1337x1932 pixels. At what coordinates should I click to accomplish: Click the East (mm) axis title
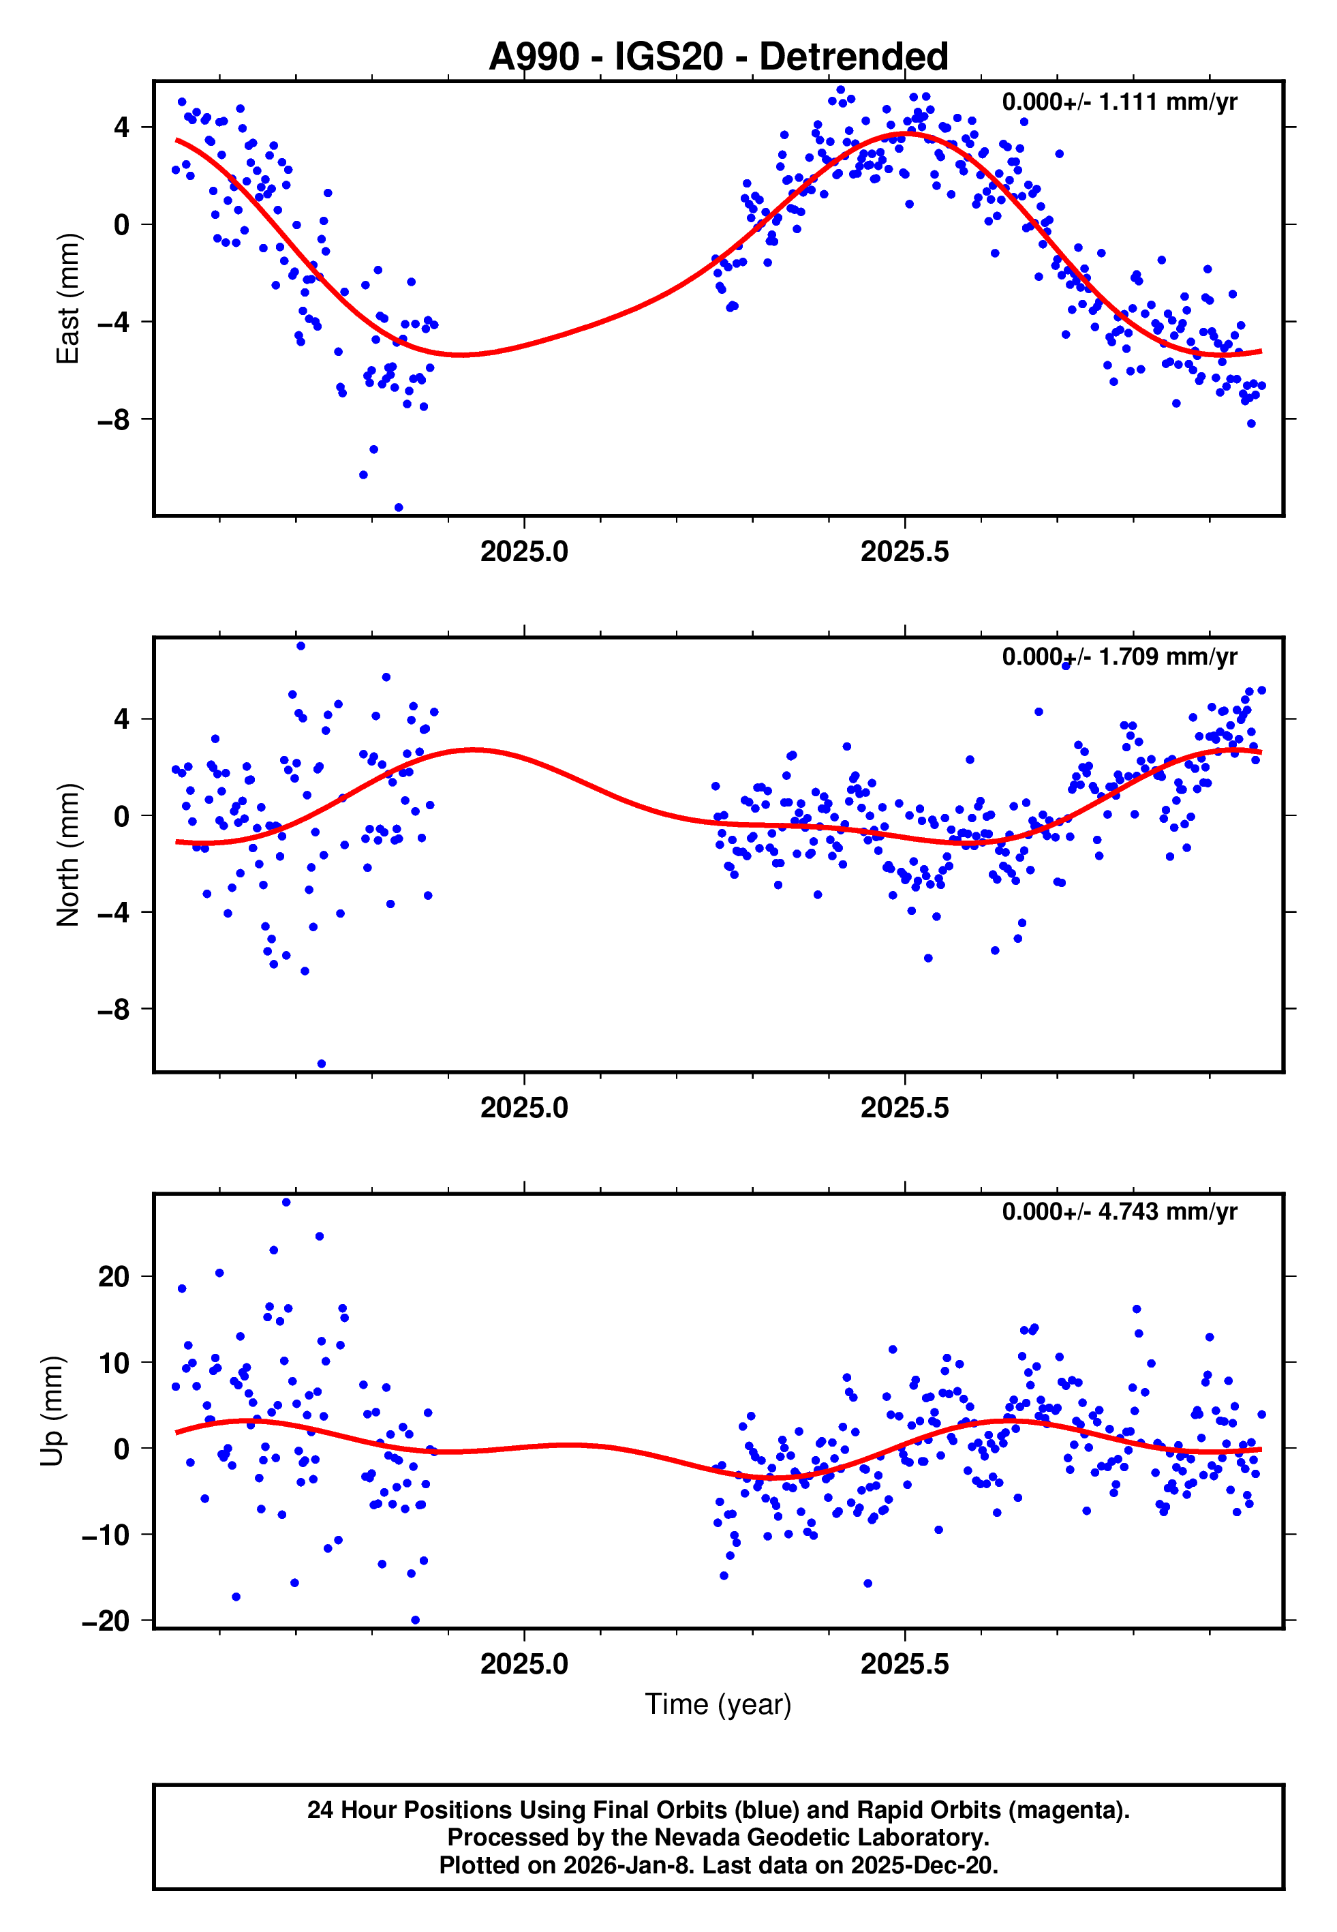tap(67, 299)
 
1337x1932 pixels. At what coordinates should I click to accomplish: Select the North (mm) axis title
tap(67, 855)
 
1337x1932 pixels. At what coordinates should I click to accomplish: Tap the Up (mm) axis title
tap(52, 1410)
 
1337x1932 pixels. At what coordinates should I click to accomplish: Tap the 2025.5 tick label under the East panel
tap(905, 552)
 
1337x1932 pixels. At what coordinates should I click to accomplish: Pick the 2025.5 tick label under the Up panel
tap(905, 1663)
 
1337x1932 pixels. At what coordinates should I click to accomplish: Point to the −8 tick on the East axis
tap(113, 420)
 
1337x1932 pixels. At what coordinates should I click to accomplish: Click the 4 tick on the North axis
tap(122, 719)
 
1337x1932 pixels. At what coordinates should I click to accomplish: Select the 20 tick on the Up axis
tap(113, 1277)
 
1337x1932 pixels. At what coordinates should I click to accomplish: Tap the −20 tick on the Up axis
tap(106, 1621)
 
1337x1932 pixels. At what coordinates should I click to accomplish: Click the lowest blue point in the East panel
tap(399, 508)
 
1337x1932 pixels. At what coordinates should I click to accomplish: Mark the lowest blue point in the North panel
tap(322, 1064)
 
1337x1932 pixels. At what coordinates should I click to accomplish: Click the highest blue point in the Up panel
tap(286, 1203)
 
